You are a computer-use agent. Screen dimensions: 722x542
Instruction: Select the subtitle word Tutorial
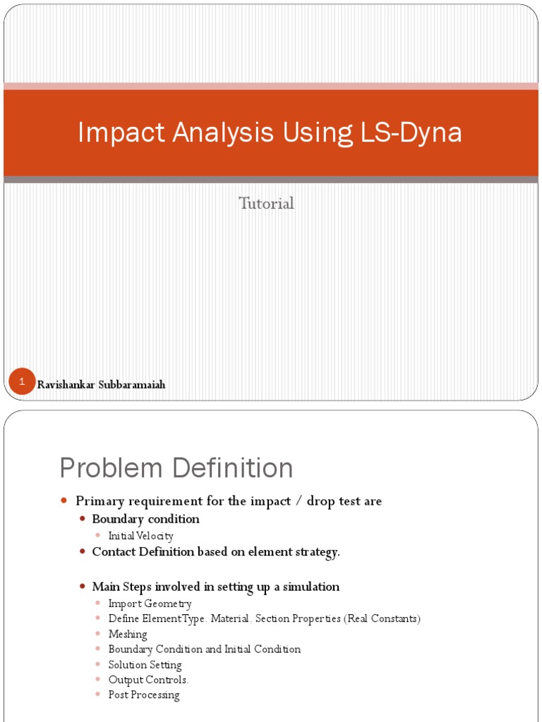tap(266, 204)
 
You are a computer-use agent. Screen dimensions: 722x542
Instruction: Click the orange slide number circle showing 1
tap(22, 381)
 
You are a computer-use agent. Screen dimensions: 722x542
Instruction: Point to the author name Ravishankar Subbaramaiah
tap(101, 385)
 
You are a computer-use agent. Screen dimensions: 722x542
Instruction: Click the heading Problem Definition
tap(176, 468)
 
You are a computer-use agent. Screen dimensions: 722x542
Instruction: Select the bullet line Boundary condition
tap(145, 519)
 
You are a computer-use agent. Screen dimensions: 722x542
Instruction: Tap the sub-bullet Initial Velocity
tap(140, 536)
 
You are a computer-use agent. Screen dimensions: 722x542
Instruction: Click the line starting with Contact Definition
tap(216, 552)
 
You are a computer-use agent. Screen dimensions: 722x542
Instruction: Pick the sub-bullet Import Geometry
tap(150, 604)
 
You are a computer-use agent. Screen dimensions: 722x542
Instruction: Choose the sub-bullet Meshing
tap(128, 634)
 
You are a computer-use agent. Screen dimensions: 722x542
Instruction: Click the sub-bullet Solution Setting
tap(145, 665)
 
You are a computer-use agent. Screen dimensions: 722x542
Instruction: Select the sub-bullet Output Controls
tap(148, 680)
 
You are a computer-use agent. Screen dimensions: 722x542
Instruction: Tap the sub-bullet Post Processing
tap(144, 695)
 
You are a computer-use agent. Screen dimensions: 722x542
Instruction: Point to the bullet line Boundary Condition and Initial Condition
tap(205, 649)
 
